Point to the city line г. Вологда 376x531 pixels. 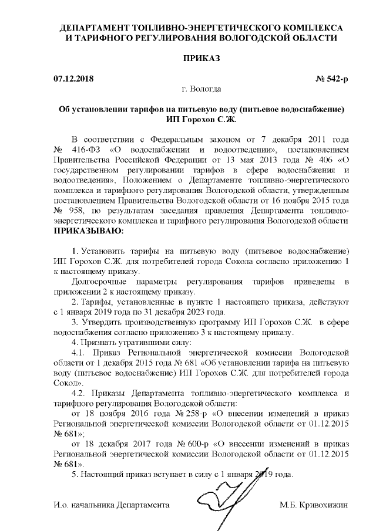click(202, 89)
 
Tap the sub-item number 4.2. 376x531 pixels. click(79, 392)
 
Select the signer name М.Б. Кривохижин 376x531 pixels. click(314, 505)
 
